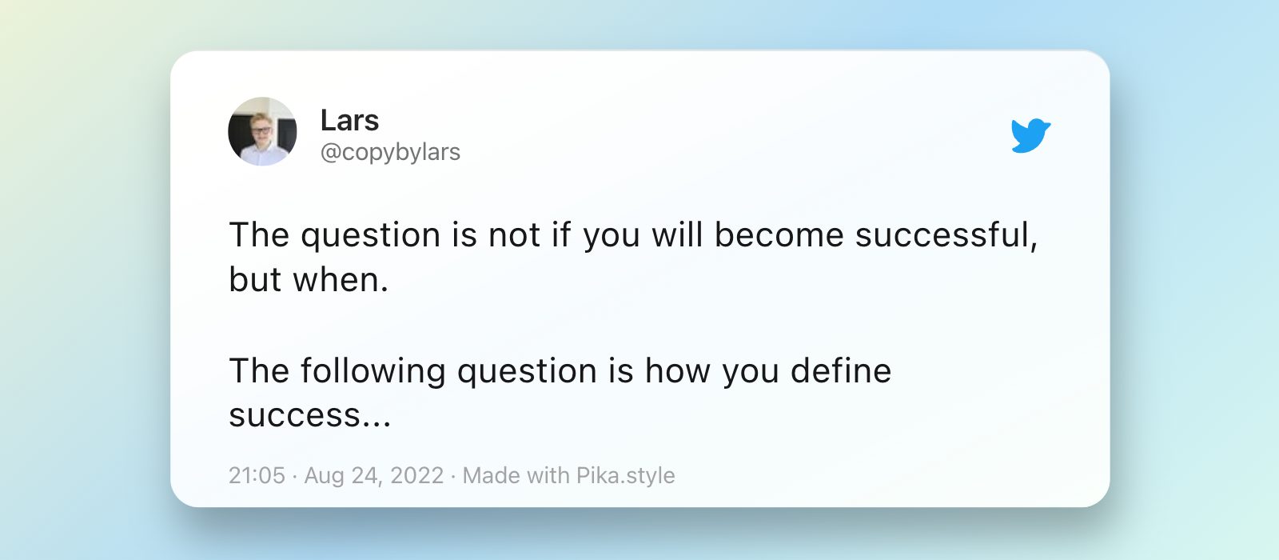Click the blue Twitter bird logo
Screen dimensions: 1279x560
1030,136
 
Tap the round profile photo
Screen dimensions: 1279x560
263,131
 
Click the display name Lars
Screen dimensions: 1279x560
349,120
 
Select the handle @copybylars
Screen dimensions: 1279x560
390,152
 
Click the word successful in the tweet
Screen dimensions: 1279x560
946,234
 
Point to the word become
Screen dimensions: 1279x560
779,234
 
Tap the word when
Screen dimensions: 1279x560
341,279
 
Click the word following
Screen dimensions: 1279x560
373,371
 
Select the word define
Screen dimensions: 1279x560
840,370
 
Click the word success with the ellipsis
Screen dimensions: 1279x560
310,415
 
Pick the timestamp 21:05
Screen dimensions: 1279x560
257,475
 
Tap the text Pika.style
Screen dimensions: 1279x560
625,475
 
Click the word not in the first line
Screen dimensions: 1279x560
514,235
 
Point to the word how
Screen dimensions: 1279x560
678,370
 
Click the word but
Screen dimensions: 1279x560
255,279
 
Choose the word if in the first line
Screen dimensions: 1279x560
560,234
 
